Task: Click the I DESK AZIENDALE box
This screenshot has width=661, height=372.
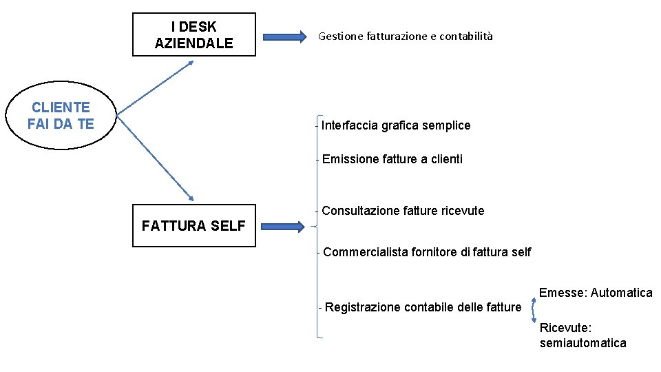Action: pyautogui.click(x=193, y=34)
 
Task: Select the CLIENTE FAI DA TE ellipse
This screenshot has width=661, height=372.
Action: pyautogui.click(x=61, y=115)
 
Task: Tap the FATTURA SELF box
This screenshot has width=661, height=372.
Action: pyautogui.click(x=193, y=225)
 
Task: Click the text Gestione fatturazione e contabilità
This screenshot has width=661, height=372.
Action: pyautogui.click(x=406, y=37)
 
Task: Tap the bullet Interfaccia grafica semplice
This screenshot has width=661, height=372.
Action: pyautogui.click(x=396, y=125)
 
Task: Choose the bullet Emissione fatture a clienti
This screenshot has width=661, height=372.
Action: pyautogui.click(x=392, y=159)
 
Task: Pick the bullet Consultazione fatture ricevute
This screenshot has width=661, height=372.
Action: pyautogui.click(x=403, y=211)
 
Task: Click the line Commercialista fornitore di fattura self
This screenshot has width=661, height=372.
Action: pyautogui.click(x=427, y=252)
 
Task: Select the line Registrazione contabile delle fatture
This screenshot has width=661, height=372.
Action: pyautogui.click(x=423, y=307)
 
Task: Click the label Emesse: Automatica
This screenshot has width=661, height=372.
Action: pyautogui.click(x=596, y=293)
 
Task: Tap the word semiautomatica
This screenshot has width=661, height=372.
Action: pyautogui.click(x=583, y=343)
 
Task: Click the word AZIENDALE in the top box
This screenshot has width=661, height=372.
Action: pyautogui.click(x=193, y=43)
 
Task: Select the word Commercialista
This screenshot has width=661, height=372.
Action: pyautogui.click(x=366, y=252)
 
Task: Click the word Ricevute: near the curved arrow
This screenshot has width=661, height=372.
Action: pyautogui.click(x=566, y=328)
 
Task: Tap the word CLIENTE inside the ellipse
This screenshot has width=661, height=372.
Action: pyautogui.click(x=61, y=107)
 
